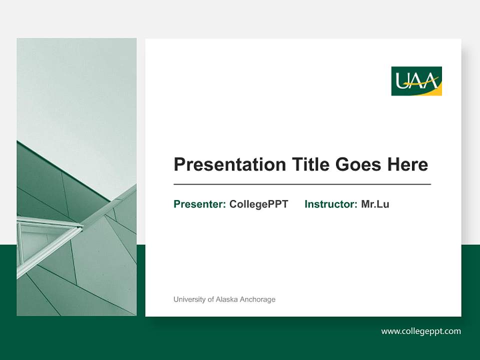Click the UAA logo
[416, 81]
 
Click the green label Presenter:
[199, 204]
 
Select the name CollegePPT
[258, 204]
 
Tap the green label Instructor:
[330, 204]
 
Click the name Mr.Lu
[375, 204]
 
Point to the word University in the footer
[189, 299]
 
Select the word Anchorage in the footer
[257, 299]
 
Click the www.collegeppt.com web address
[420, 331]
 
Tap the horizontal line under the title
[302, 184]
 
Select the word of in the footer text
[209, 299]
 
